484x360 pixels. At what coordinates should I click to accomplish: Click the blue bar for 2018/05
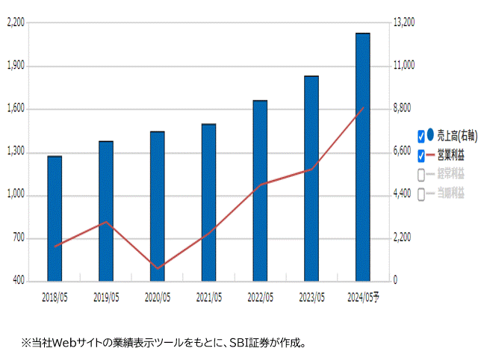pyautogui.click(x=55, y=218)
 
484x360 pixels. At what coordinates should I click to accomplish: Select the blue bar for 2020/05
pyautogui.click(x=157, y=206)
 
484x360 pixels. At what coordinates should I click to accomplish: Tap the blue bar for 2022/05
pyautogui.click(x=260, y=190)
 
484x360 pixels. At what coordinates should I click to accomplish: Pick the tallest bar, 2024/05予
pyautogui.click(x=363, y=157)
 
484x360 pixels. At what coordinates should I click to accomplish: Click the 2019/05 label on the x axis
pyautogui.click(x=106, y=297)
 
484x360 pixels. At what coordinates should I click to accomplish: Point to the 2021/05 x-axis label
pyautogui.click(x=208, y=297)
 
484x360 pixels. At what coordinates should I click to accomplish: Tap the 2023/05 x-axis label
pyautogui.click(x=311, y=297)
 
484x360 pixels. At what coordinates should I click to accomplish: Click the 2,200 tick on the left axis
pyautogui.click(x=15, y=23)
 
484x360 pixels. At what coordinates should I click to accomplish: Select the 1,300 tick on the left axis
pyautogui.click(x=15, y=152)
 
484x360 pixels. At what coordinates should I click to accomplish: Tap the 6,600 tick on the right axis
pyautogui.click(x=402, y=152)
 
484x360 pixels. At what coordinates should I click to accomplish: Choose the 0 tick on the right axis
pyautogui.click(x=395, y=281)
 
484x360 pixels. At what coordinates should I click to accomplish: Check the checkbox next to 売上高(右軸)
pyautogui.click(x=421, y=136)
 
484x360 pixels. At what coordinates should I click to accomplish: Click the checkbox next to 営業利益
pyautogui.click(x=421, y=155)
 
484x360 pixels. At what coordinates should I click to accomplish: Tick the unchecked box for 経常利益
pyautogui.click(x=421, y=175)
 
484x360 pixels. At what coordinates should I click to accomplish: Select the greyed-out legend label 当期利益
pyautogui.click(x=450, y=193)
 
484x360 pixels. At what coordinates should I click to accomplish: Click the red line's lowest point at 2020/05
pyautogui.click(x=157, y=268)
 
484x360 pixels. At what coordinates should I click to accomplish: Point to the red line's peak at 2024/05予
pyautogui.click(x=363, y=108)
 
